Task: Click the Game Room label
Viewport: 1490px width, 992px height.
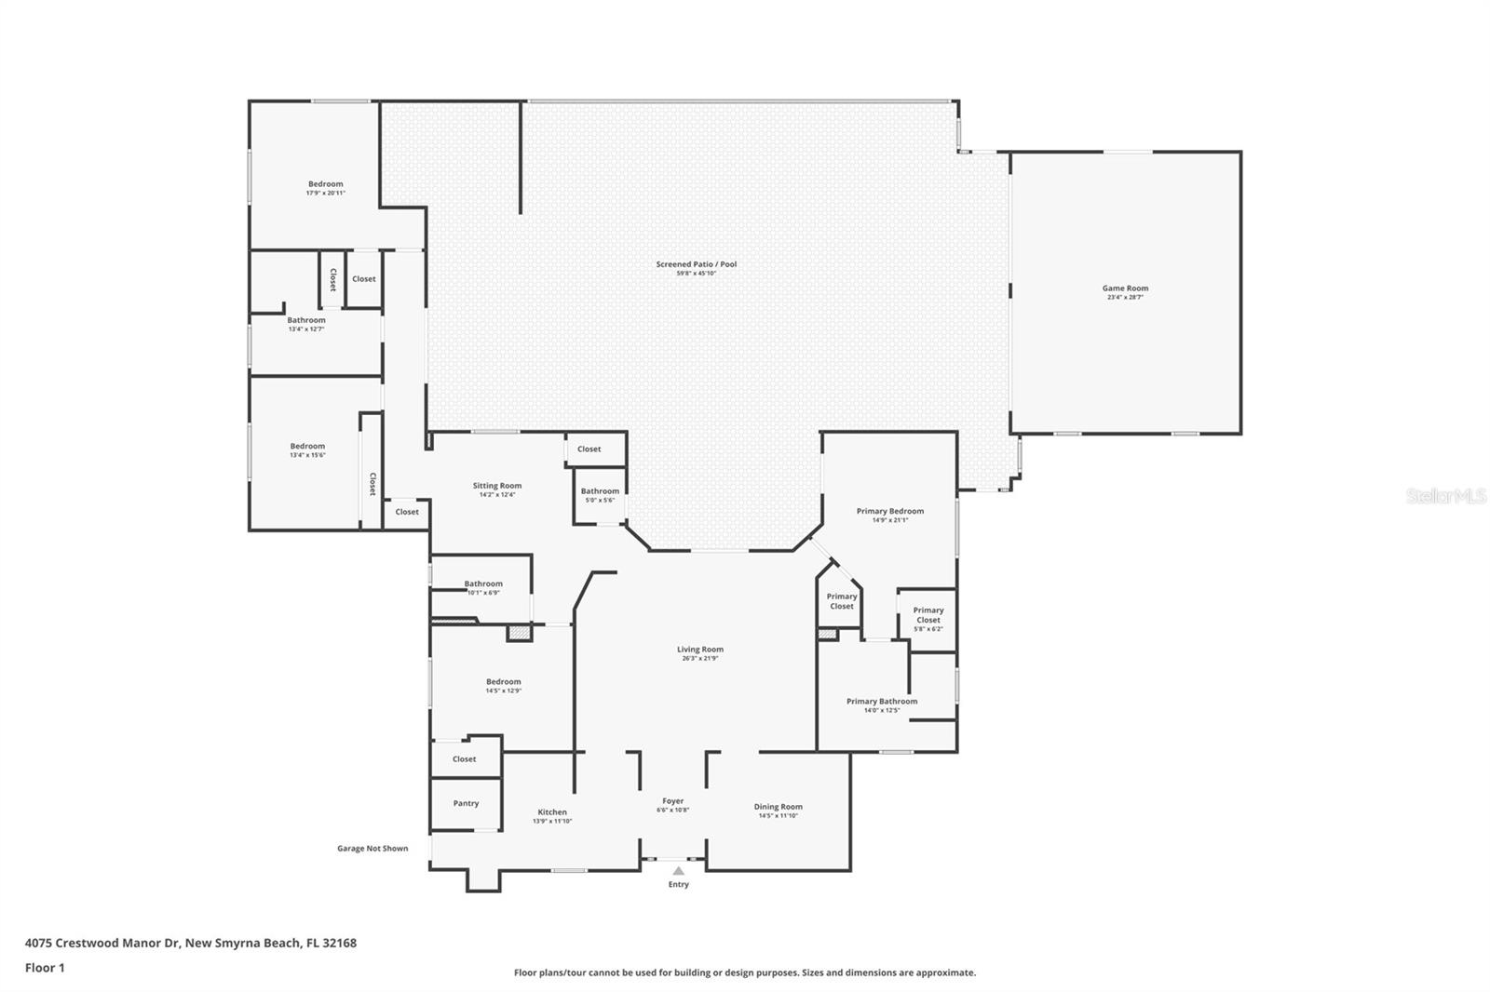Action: tap(1125, 288)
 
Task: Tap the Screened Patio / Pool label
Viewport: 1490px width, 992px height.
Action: tap(696, 264)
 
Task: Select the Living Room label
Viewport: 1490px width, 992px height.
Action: tap(699, 650)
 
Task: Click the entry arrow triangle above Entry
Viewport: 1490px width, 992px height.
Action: tap(678, 871)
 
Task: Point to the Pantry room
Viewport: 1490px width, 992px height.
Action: tap(466, 803)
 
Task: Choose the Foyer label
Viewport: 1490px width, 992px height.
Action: tap(672, 801)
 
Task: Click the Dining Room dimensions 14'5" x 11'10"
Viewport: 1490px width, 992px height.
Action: tap(778, 816)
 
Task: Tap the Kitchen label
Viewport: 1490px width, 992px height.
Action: tap(552, 812)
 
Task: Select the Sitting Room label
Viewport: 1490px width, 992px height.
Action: tap(497, 486)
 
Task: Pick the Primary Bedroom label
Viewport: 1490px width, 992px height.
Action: tap(889, 511)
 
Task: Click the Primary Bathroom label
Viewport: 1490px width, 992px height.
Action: tap(881, 702)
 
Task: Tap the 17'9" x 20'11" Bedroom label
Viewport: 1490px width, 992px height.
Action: tap(326, 184)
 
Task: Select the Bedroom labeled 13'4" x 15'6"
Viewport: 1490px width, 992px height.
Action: tap(307, 447)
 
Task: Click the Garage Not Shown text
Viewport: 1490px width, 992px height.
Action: tap(372, 849)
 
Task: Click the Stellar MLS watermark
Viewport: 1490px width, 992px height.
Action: tap(1445, 497)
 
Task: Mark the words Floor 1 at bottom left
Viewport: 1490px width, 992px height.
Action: tap(45, 968)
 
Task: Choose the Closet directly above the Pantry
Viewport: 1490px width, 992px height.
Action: tap(465, 759)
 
